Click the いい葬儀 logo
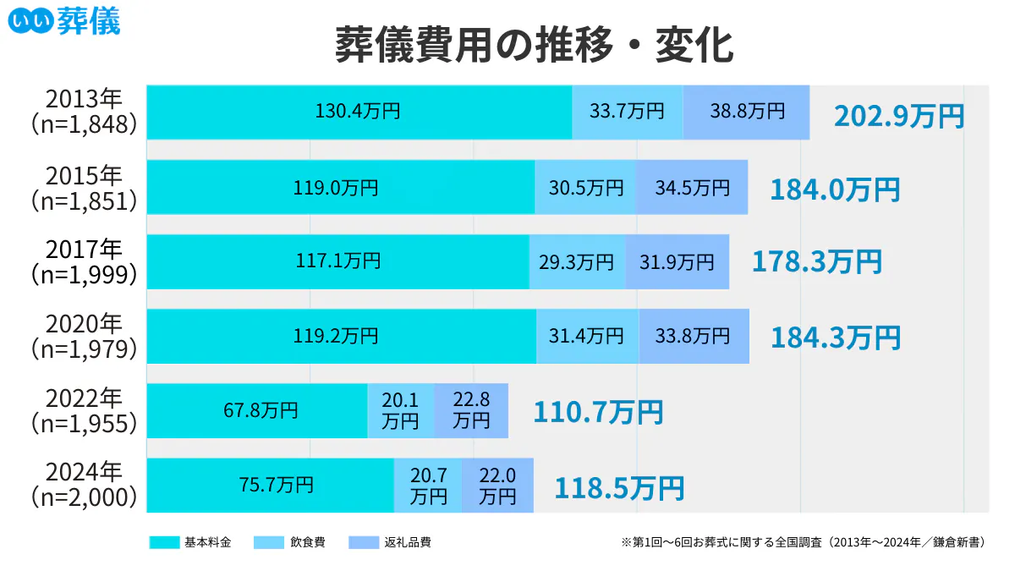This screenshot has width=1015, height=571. click(64, 20)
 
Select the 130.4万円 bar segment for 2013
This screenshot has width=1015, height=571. click(359, 112)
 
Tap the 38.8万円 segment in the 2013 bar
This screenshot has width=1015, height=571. click(746, 112)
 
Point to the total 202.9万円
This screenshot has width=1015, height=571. click(898, 116)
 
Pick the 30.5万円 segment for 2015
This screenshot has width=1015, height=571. click(585, 187)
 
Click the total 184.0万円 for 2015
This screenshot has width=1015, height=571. click(834, 189)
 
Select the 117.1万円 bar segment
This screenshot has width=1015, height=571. click(337, 261)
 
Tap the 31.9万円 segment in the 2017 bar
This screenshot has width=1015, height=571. click(677, 261)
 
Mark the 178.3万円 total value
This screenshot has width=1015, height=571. click(816, 262)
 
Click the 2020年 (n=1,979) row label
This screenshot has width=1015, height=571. click(84, 336)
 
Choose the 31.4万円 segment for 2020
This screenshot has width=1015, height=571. click(587, 336)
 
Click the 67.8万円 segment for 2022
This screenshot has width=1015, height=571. click(257, 410)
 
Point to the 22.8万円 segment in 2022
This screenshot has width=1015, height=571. click(471, 410)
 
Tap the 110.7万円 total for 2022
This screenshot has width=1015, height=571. click(597, 413)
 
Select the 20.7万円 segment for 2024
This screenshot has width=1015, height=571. click(428, 485)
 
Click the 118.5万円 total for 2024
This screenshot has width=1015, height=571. click(618, 488)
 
